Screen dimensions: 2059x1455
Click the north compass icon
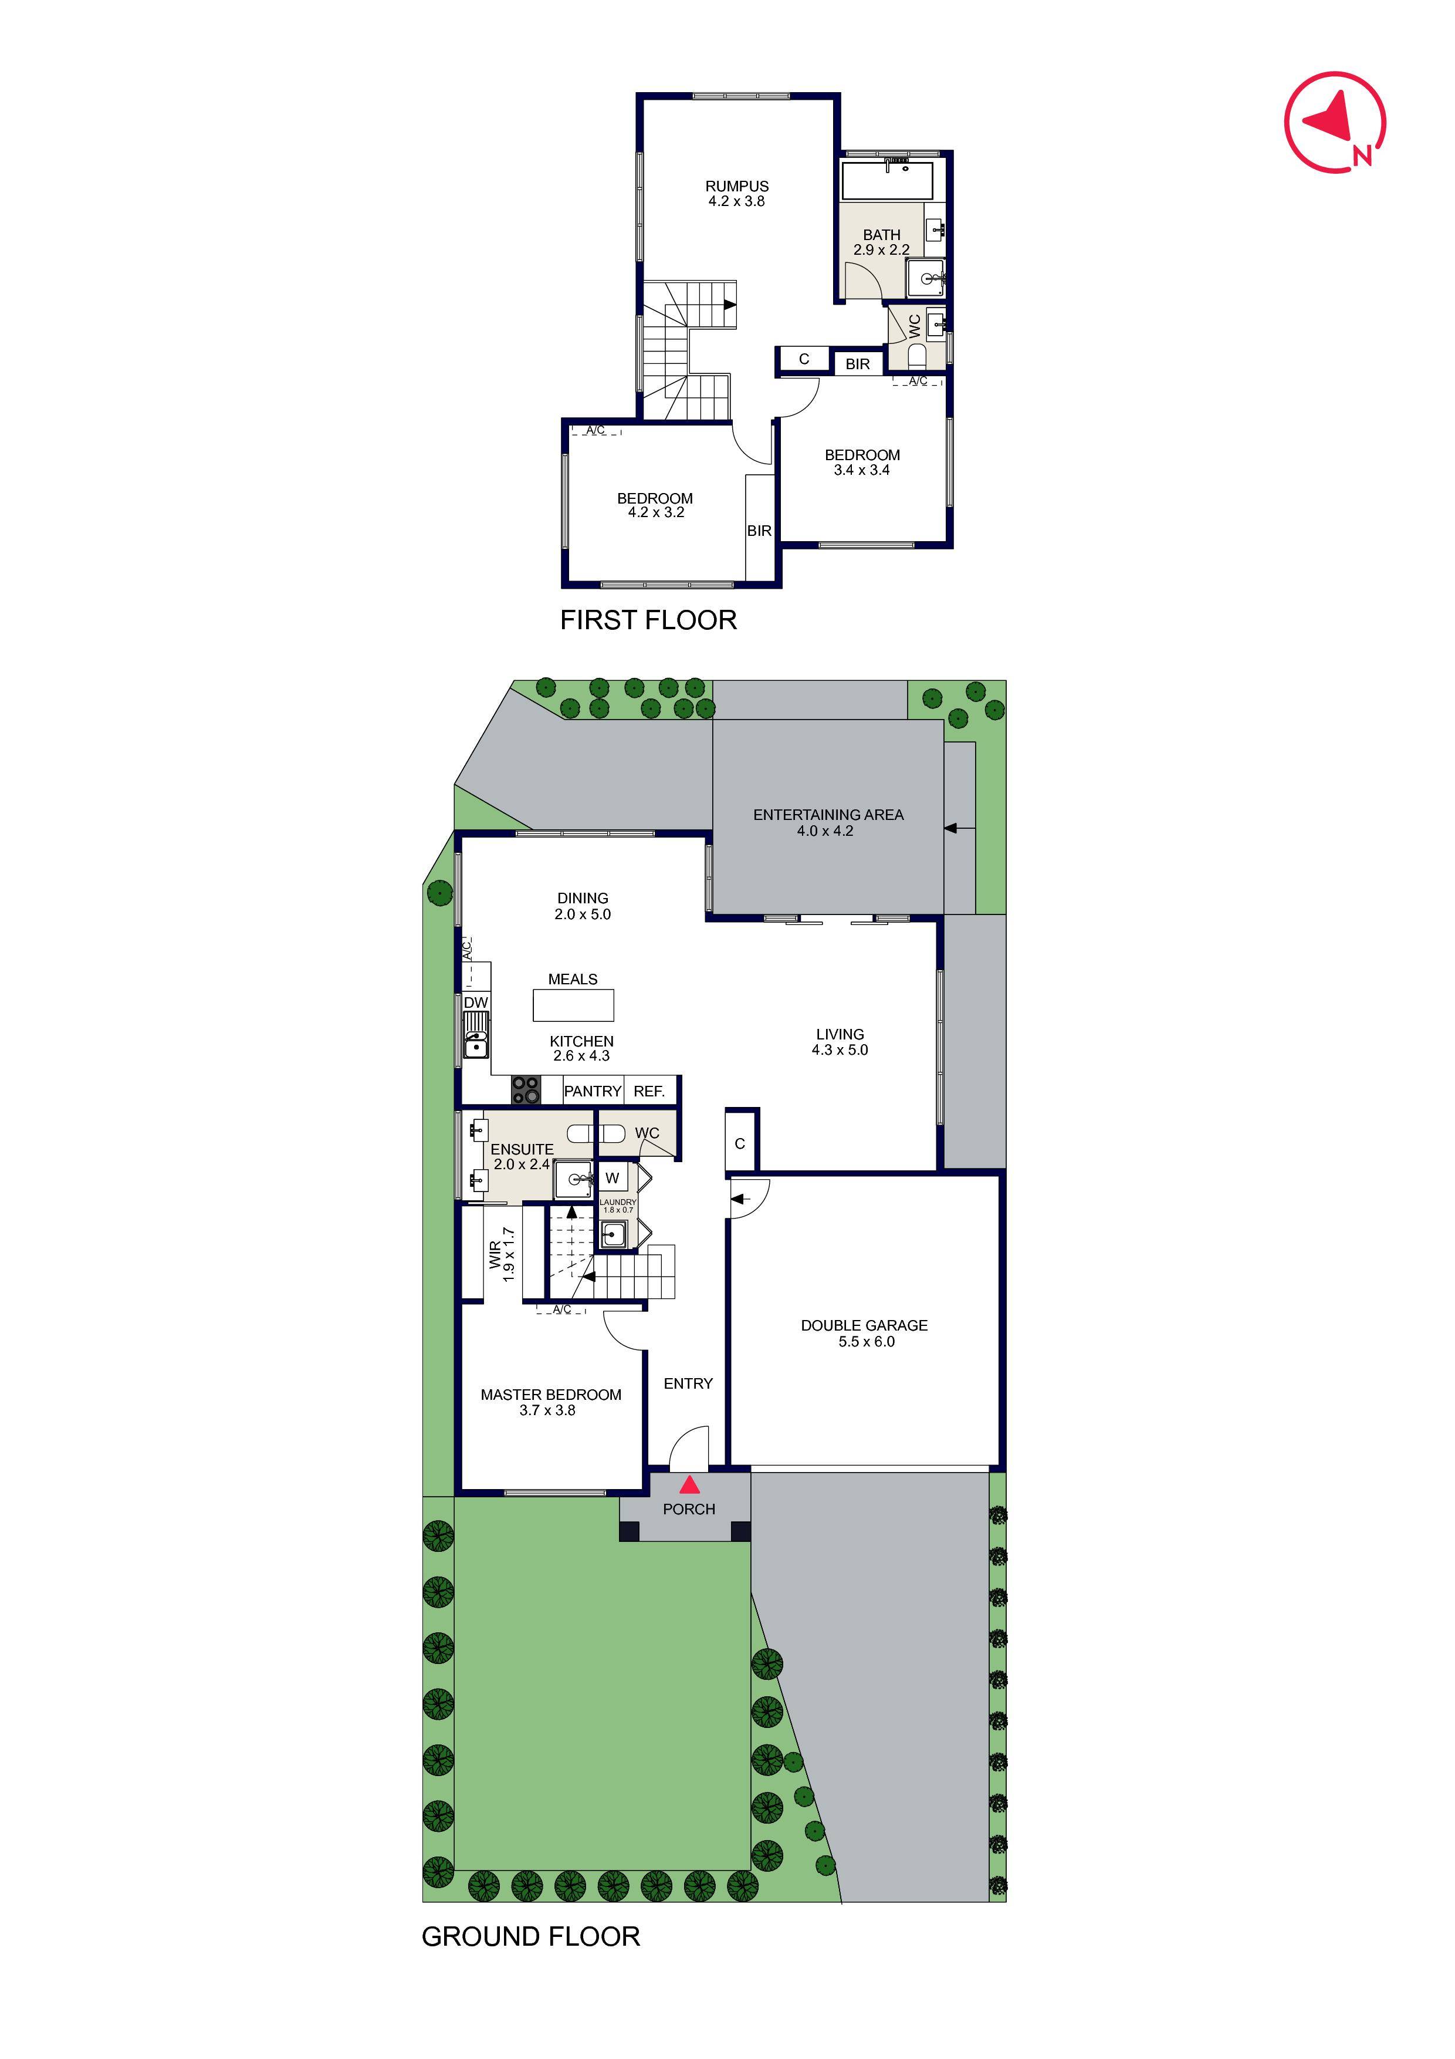click(1335, 122)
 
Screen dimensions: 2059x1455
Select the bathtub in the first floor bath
click(886, 181)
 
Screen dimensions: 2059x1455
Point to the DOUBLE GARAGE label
click(864, 1325)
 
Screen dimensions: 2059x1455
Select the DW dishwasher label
click(476, 1003)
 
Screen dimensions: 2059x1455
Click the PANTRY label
click(593, 1091)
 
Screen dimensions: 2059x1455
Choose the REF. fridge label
click(649, 1091)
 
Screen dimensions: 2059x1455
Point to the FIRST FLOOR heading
click(648, 620)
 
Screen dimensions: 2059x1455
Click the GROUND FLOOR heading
click(531, 1936)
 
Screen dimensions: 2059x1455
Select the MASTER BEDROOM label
click(550, 1395)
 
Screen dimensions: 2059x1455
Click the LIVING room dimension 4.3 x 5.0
click(840, 1050)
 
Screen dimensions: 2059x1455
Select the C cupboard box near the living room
click(740, 1143)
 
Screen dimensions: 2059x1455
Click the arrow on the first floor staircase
click(730, 305)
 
